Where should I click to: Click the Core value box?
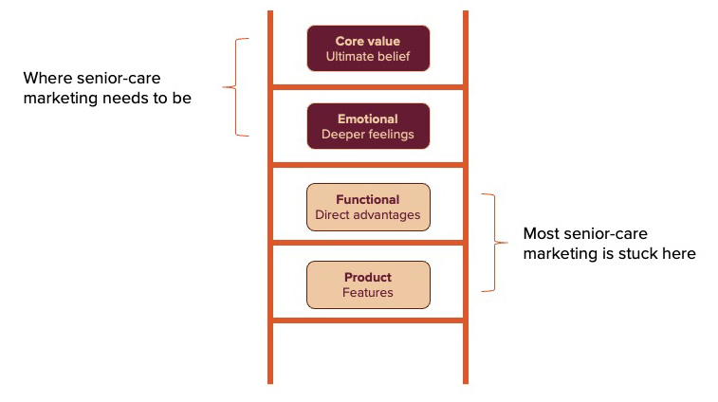tap(368, 48)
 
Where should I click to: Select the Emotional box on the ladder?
tap(368, 126)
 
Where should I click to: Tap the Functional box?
tap(368, 208)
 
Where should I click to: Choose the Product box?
tap(368, 284)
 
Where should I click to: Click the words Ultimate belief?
tap(368, 57)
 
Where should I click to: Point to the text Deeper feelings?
tap(368, 135)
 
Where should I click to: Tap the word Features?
tap(368, 293)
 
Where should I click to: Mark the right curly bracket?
tap(490, 243)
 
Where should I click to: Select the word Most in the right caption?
tap(542, 233)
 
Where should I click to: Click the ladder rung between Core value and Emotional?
tap(368, 87)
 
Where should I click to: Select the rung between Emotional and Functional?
tap(368, 165)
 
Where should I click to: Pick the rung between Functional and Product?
tap(368, 244)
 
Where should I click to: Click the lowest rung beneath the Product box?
tap(368, 320)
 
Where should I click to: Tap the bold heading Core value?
tap(368, 42)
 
